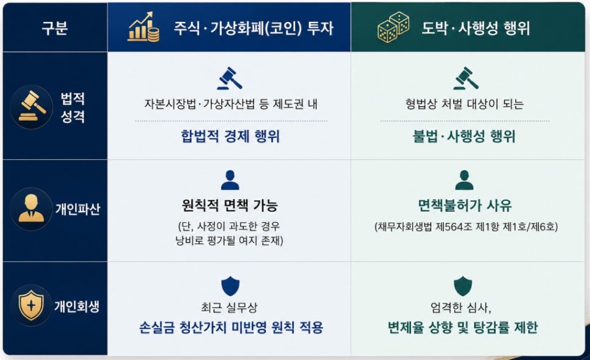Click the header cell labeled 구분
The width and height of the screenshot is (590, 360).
tap(55, 28)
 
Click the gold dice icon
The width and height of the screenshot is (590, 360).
tap(393, 27)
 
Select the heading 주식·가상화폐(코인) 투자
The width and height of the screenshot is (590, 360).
tap(253, 28)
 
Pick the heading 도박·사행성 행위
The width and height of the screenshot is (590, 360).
tap(476, 28)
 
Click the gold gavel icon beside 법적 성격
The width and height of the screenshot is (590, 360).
tap(32, 107)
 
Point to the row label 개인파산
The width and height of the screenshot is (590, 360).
tap(78, 209)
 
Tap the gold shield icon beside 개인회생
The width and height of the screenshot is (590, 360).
tap(31, 305)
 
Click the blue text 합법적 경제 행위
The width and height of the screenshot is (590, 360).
tap(230, 136)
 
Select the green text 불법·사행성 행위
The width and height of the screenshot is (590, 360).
tap(464, 136)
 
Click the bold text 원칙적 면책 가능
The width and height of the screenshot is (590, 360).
tap(230, 205)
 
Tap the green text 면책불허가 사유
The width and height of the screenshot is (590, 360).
tap(465, 205)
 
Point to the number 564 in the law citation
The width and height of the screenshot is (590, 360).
tap(453, 226)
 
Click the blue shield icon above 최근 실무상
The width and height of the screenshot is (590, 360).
tap(230, 286)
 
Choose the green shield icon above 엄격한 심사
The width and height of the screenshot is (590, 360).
tap(463, 286)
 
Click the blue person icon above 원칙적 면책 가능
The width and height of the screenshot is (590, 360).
tap(230, 180)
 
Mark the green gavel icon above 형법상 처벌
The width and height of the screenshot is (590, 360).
tap(466, 78)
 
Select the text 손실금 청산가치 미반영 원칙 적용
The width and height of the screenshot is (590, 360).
tap(231, 328)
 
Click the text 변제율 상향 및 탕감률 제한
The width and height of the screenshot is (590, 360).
tap(463, 328)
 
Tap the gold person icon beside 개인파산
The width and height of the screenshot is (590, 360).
tap(31, 208)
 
